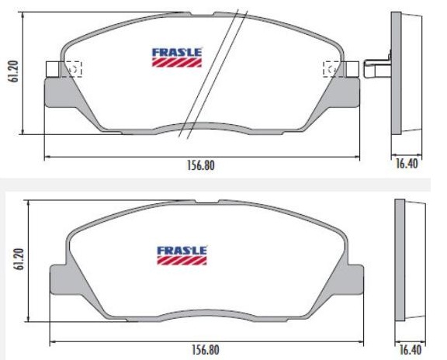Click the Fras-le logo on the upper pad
coord(177,57)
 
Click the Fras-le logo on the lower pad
coord(182,255)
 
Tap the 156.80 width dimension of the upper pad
coord(201,165)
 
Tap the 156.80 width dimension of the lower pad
coord(205,350)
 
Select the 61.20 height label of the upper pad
coord(13,71)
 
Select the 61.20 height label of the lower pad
coord(19,259)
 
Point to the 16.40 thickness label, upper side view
coord(407,164)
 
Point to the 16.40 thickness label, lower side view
coord(411,350)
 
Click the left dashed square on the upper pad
coord(74,69)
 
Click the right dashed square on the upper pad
coord(331,69)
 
